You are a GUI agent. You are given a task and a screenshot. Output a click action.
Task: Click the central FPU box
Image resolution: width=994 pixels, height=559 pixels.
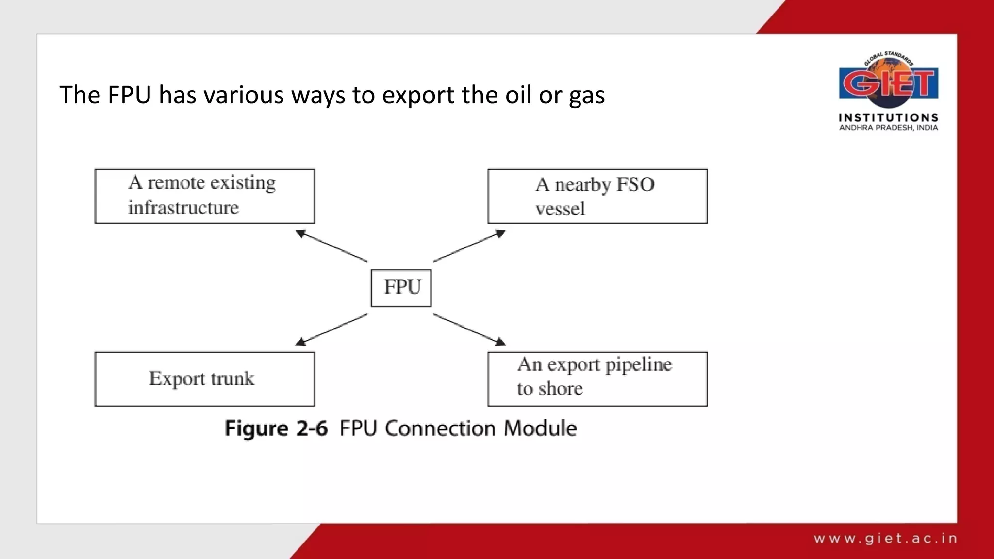coord(401,288)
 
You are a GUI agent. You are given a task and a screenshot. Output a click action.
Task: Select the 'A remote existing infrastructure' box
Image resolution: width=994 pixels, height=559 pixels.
coord(204,196)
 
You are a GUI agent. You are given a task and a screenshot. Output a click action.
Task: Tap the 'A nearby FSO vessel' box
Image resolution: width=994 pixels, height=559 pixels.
coord(597,196)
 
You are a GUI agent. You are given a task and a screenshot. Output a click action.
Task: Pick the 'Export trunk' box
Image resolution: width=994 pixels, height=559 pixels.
coord(204,379)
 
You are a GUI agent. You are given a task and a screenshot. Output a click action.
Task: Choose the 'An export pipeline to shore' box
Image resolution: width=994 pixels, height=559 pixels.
coord(597,379)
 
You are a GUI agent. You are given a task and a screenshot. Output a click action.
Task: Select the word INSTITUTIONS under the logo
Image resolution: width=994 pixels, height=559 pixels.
coord(888,118)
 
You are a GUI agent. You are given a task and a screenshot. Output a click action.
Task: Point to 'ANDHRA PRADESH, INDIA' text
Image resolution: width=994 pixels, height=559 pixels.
coord(888,128)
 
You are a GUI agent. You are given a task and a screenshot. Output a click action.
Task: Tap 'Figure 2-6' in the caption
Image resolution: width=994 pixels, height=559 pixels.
coord(276,428)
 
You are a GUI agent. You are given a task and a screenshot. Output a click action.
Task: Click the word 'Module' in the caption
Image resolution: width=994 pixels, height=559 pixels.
coord(540,428)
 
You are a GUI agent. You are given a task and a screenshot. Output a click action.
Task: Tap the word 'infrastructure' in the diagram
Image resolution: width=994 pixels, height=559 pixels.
coord(183,208)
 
